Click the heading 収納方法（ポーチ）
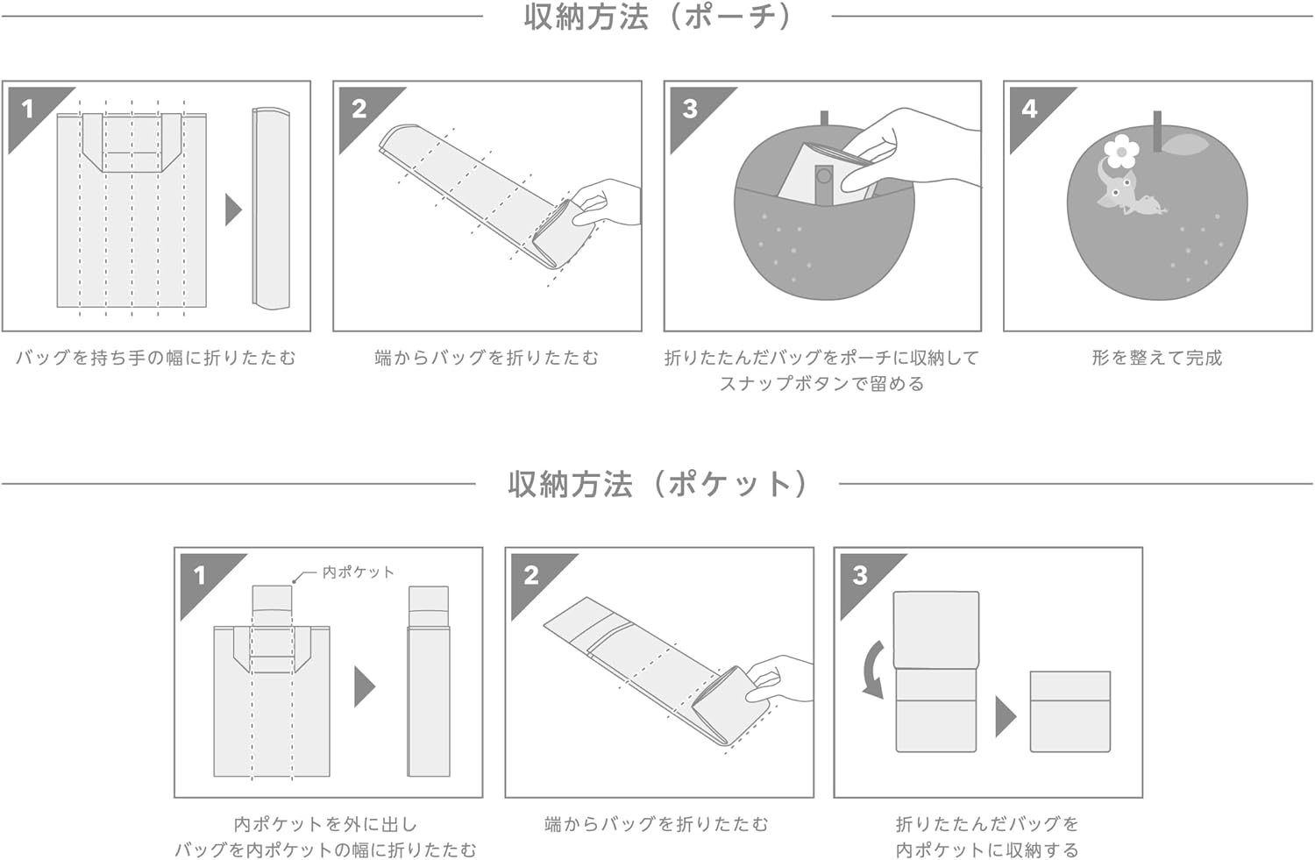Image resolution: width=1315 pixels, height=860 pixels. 657,18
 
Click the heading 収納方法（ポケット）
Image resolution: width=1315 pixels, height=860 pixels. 657,484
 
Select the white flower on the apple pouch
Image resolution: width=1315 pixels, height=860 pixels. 1121,152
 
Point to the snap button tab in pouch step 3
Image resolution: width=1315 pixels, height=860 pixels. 824,185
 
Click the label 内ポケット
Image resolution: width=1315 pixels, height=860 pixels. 358,572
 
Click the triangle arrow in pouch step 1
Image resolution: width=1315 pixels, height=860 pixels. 234,210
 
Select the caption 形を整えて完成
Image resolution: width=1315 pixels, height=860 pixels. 1157,358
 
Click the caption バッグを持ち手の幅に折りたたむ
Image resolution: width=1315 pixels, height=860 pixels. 156,358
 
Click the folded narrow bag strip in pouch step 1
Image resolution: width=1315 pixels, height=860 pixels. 271,208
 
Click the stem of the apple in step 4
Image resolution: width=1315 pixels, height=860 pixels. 1157,131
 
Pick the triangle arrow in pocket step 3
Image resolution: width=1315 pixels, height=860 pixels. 1006,717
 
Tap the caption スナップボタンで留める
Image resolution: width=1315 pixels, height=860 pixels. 822,384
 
